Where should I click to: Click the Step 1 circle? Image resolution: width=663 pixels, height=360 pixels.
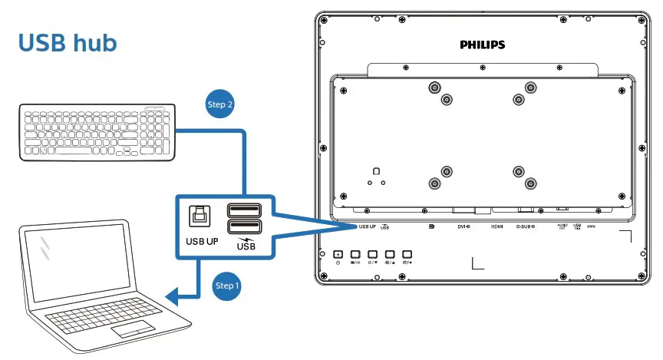(227, 286)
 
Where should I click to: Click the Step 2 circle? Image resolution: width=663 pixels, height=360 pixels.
(220, 104)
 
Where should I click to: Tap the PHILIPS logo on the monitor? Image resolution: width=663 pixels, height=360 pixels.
(482, 45)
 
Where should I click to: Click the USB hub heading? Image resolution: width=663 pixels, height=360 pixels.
(68, 43)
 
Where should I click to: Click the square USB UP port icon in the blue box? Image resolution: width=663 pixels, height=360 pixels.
(200, 216)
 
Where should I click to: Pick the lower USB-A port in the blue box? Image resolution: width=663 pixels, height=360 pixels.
(244, 227)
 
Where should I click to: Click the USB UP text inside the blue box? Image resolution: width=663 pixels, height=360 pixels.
(202, 241)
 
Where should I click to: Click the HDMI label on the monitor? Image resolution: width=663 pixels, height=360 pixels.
(497, 226)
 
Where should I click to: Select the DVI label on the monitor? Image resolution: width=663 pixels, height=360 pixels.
(463, 226)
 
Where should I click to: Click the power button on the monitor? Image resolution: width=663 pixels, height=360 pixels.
(338, 254)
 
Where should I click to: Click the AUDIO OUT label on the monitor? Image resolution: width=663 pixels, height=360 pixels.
(562, 226)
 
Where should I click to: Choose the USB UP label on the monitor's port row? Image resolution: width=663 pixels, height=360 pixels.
(366, 226)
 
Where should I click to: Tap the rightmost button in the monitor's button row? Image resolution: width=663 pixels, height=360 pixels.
(407, 254)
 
